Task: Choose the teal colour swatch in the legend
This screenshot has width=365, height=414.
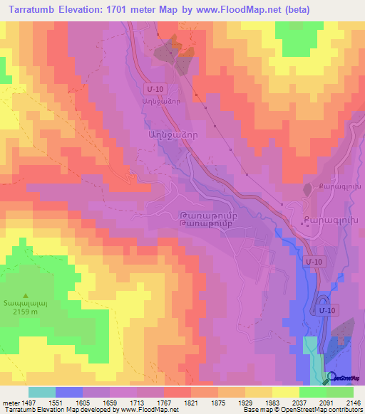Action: pyautogui.click(x=41, y=392)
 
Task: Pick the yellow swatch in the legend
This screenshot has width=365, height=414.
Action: pyautogui.click(x=285, y=392)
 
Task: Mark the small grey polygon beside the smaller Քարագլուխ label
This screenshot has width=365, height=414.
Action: pyautogui.click(x=308, y=189)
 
